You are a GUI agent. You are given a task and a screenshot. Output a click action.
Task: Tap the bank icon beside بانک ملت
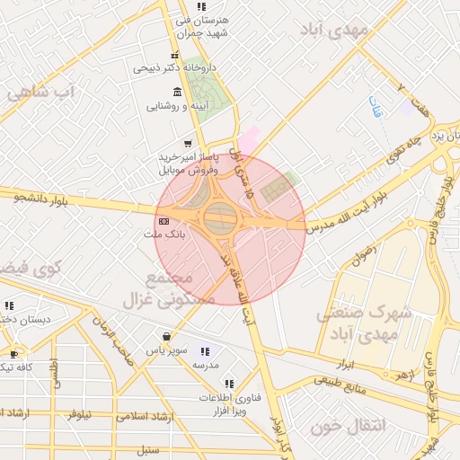(x=163, y=221)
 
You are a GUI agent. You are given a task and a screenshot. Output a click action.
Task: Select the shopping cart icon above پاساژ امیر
(x=187, y=143)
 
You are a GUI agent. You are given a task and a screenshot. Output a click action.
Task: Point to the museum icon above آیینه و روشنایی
(x=176, y=93)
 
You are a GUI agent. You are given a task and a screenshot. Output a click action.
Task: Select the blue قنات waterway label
(x=375, y=110)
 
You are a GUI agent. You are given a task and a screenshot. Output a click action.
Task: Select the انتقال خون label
(x=348, y=427)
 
